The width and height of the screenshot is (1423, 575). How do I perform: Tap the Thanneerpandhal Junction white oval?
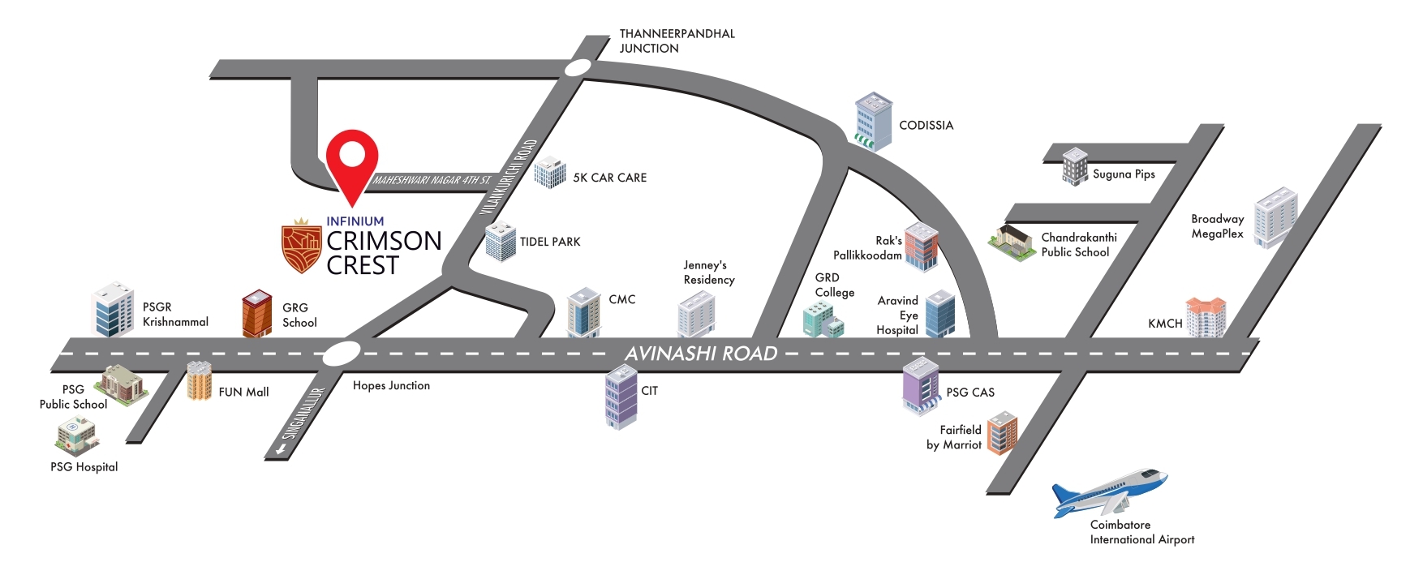[x=578, y=68]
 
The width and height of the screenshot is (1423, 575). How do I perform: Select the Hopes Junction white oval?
[x=342, y=354]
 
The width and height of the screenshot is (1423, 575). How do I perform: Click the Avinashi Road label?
[x=701, y=354]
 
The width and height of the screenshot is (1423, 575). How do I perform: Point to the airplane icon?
[x=1109, y=491]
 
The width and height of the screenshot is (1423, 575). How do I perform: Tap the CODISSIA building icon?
[x=873, y=122]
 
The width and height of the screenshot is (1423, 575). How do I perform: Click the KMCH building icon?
[x=1206, y=317]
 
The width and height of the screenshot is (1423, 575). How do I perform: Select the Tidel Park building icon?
[x=501, y=242]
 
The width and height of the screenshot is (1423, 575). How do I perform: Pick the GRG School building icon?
[x=257, y=313]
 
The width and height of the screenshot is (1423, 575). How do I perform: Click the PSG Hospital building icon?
[x=77, y=437]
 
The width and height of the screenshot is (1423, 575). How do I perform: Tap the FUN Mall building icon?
[x=199, y=381]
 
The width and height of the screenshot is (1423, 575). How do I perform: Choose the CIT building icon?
[x=621, y=397]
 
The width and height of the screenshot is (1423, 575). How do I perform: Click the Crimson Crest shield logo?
[x=302, y=247]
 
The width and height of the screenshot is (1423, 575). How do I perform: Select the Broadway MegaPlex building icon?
[x=1275, y=217]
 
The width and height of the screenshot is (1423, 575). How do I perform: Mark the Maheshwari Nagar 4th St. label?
[x=432, y=180]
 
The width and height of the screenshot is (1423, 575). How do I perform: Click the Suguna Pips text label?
[x=1124, y=174]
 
